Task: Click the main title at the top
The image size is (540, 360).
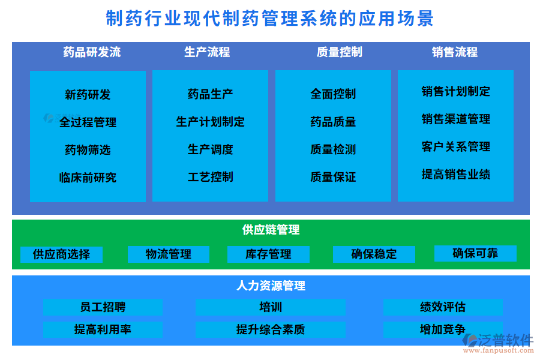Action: (x=269, y=19)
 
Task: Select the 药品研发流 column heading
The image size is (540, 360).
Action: (x=92, y=52)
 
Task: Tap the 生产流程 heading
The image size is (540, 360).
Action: (x=207, y=52)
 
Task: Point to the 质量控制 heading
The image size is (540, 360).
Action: (x=339, y=52)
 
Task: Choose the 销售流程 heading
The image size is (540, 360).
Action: (x=455, y=52)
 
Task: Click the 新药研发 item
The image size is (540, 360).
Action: (x=88, y=95)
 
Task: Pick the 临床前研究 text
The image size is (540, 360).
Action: (x=88, y=178)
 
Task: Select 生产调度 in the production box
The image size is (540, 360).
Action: (x=211, y=149)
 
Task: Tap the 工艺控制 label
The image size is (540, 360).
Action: (x=211, y=177)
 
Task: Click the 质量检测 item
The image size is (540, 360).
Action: (x=333, y=149)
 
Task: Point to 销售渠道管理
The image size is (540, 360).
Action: (x=456, y=119)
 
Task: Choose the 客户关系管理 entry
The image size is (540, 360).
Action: (x=456, y=146)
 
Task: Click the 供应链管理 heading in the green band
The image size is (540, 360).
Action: (x=271, y=230)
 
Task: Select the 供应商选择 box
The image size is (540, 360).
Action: (x=61, y=254)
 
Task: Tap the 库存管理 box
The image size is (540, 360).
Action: (x=268, y=254)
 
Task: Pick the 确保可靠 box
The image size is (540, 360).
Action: (x=475, y=253)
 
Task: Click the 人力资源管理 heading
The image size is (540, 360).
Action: (x=271, y=286)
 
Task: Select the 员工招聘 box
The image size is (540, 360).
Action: (x=103, y=307)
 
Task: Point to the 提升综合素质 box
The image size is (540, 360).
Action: (x=271, y=329)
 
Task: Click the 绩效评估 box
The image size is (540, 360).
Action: (x=443, y=307)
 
